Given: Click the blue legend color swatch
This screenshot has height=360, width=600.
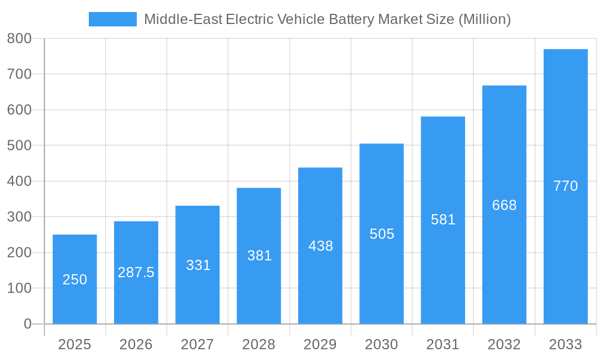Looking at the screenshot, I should pyautogui.click(x=112, y=19).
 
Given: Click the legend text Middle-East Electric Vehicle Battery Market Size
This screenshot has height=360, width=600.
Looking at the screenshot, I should pyautogui.click(x=327, y=19).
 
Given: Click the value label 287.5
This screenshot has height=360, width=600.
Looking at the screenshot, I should pyautogui.click(x=136, y=272).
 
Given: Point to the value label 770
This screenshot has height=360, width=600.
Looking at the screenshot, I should pyautogui.click(x=565, y=186).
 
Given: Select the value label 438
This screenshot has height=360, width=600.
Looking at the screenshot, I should pyautogui.click(x=320, y=246).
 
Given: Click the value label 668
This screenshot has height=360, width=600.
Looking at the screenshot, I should pyautogui.click(x=504, y=205).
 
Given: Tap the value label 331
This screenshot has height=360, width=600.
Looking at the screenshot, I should pyautogui.click(x=198, y=265).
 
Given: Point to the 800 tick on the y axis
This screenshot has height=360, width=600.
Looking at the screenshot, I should pyautogui.click(x=19, y=38).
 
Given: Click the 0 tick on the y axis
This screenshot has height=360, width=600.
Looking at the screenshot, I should pyautogui.click(x=27, y=324).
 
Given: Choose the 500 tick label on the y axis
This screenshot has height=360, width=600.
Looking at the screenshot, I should pyautogui.click(x=19, y=146).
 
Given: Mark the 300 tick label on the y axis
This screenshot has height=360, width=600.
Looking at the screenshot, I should pyautogui.click(x=19, y=217).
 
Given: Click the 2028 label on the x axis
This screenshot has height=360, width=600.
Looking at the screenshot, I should pyautogui.click(x=259, y=344).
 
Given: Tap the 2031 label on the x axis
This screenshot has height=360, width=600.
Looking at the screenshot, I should pyautogui.click(x=443, y=344).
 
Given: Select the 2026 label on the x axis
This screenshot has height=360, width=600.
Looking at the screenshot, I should pyautogui.click(x=136, y=344).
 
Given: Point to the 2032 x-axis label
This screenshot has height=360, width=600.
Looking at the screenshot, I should pyautogui.click(x=504, y=344).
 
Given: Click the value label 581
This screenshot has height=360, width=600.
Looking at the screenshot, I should pyautogui.click(x=443, y=220).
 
